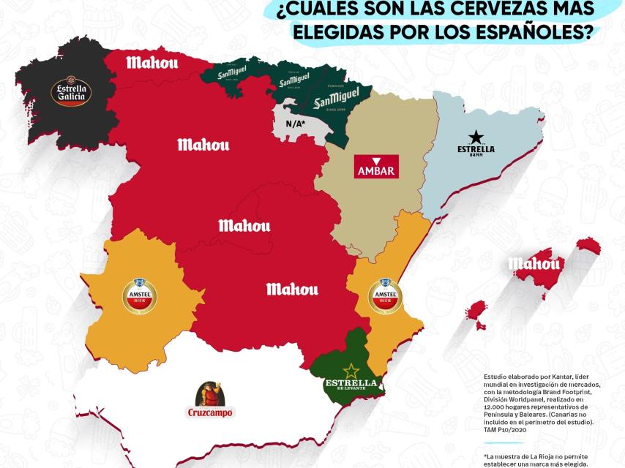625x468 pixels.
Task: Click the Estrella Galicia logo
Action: click(x=72, y=91)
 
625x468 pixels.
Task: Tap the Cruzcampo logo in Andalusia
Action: click(x=211, y=401)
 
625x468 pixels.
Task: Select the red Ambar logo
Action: click(x=375, y=167)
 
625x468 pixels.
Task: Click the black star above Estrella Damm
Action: click(x=476, y=137)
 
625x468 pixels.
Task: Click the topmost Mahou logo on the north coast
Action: click(x=152, y=62)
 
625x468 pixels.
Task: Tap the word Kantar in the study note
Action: click(x=550, y=377)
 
